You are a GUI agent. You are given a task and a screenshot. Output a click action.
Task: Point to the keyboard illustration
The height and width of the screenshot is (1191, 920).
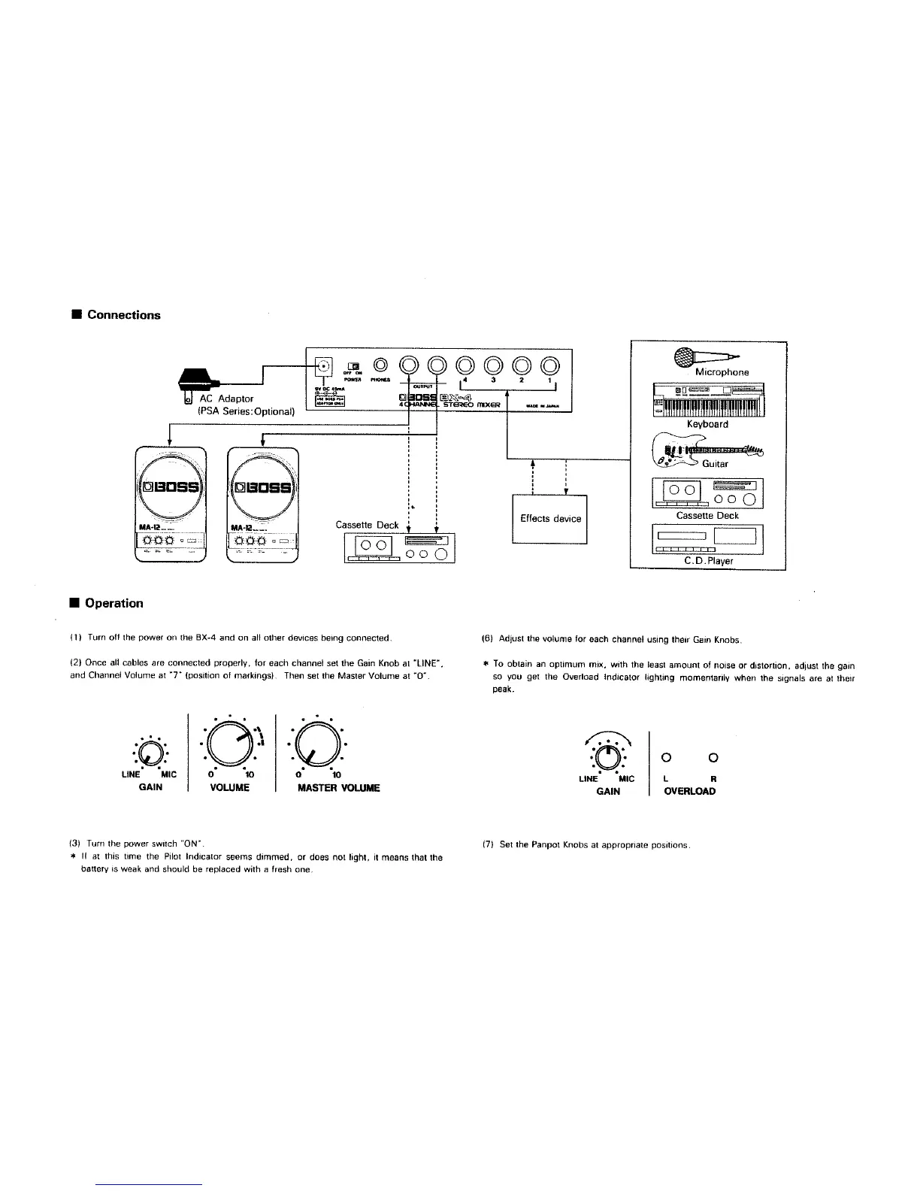pos(708,400)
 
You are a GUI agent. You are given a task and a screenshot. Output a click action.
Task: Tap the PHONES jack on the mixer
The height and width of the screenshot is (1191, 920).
pos(380,366)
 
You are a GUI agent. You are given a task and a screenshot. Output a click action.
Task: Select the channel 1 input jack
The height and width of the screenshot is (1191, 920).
pos(549,366)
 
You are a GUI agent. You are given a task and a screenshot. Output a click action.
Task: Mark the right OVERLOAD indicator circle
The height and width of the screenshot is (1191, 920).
pos(713,757)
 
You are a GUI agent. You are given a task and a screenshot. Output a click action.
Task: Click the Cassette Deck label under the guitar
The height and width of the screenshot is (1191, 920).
pos(707,516)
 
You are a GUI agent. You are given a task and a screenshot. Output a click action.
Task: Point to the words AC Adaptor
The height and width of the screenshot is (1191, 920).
pos(226,399)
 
